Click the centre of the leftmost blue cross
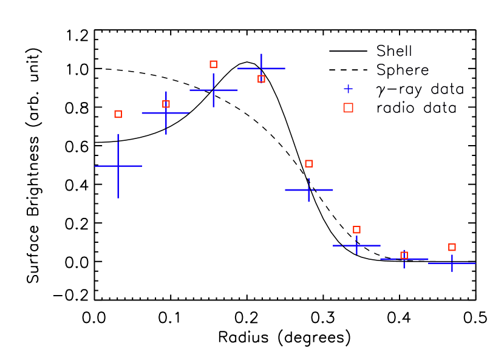118,166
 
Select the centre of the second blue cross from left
166,113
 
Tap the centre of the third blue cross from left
213,90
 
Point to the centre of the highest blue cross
261,69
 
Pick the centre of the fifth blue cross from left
308,190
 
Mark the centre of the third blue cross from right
356,245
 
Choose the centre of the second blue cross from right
404,259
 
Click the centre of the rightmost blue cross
452,263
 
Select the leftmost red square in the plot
118,114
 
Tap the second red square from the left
166,104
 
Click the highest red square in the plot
213,64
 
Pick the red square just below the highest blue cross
261,79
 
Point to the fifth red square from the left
308,163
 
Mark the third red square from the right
356,229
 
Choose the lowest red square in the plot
404,255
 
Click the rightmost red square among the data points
452,247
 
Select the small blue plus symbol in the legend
348,89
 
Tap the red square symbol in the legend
348,107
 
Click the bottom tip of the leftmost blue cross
118,198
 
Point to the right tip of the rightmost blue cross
475,263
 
